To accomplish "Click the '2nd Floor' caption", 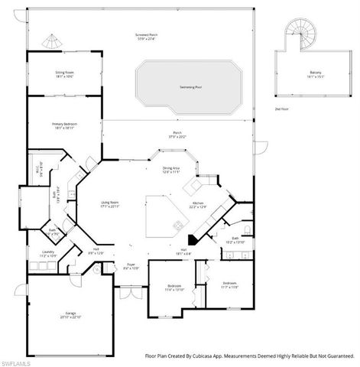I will pos(281,109).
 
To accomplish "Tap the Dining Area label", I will pos(172,169).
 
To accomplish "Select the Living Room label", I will pos(111,203).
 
